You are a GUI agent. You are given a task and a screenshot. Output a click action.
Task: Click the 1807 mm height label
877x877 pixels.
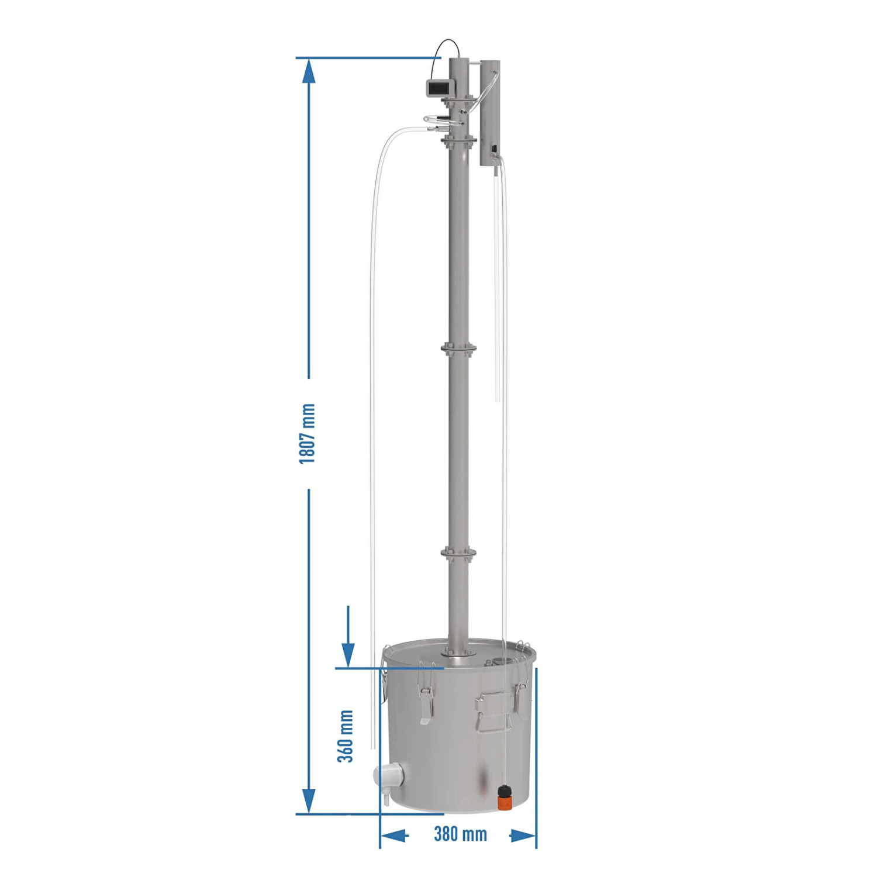[x=308, y=434]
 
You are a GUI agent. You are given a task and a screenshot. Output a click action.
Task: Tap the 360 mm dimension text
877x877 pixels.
[x=346, y=736]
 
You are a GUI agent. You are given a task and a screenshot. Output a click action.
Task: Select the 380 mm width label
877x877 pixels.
[x=460, y=834]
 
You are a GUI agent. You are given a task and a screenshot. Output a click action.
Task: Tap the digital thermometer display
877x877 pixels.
[x=438, y=88]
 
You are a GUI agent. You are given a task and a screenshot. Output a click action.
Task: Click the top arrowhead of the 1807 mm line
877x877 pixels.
[x=308, y=71]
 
